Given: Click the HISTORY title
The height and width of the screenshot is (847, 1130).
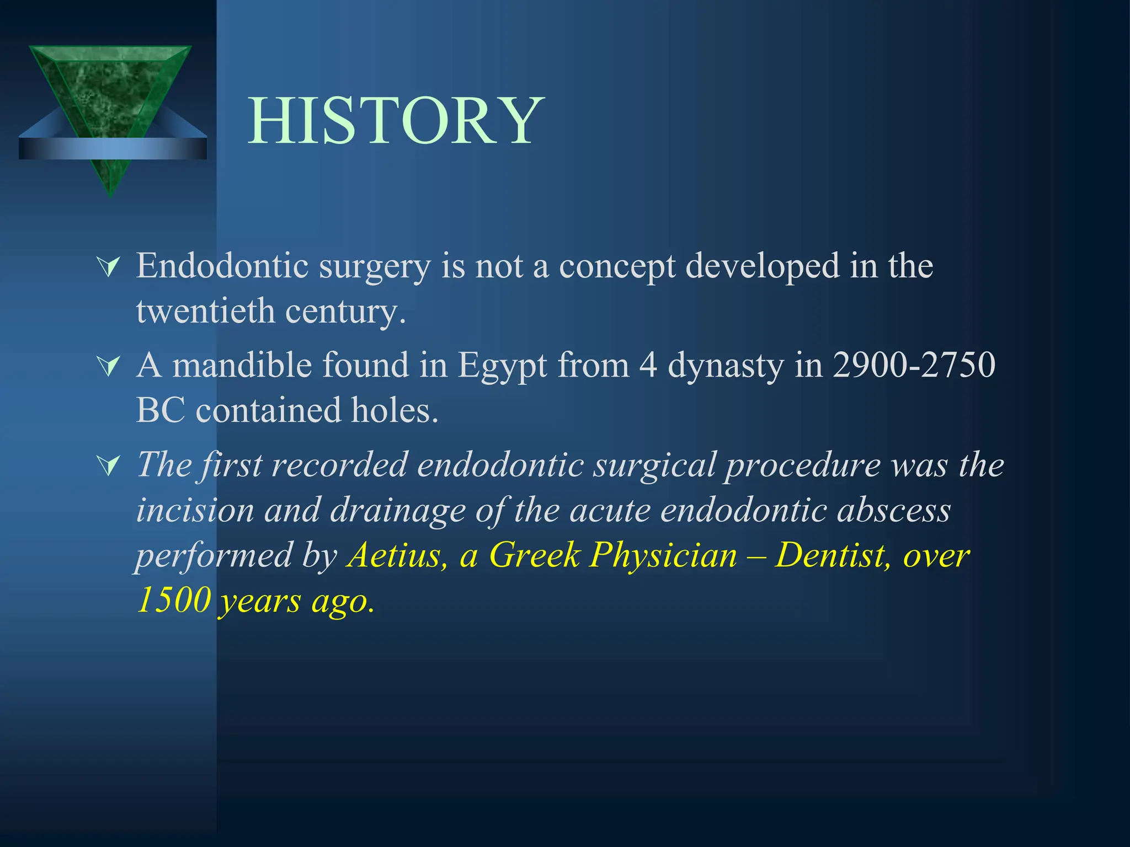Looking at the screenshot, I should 396,121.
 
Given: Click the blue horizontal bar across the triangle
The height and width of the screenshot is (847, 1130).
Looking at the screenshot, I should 113,148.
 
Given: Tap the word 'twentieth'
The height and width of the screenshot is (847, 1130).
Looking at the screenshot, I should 205,311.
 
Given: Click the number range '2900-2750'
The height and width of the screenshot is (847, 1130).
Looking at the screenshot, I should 914,365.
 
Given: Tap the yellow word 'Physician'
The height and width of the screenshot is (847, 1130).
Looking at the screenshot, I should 663,555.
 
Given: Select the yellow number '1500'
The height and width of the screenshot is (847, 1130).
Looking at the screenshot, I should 174,600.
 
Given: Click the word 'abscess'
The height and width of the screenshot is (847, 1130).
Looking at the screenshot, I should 894,510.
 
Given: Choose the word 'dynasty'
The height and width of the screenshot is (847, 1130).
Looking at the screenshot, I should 725,366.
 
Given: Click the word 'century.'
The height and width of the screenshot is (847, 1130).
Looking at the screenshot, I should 345,312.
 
